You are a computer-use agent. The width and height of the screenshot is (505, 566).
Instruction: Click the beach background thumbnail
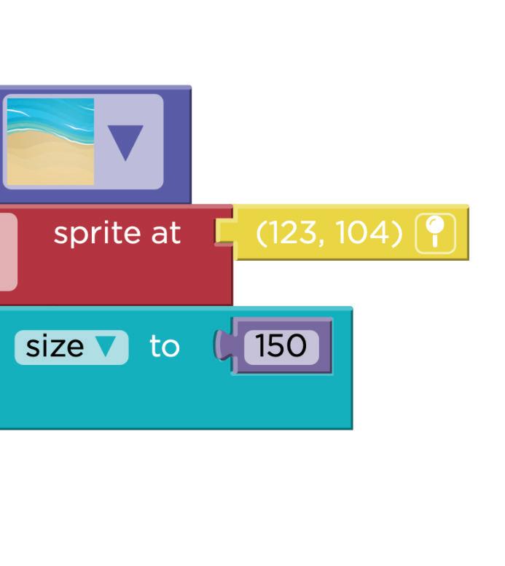pos(50,141)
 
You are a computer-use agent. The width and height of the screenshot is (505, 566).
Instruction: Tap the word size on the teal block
pos(55,347)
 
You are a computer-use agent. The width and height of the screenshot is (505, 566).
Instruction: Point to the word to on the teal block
pos(164,347)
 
